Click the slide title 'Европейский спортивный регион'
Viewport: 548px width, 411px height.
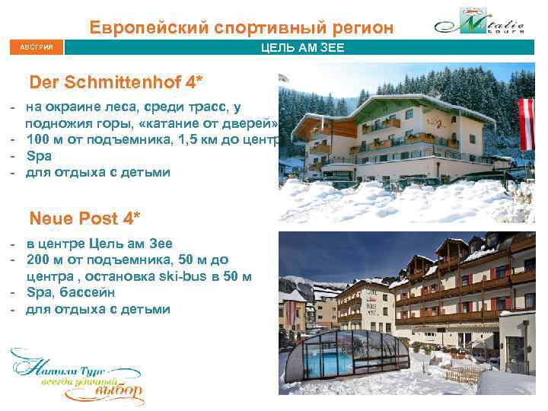241,28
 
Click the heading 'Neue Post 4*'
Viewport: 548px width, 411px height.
84,218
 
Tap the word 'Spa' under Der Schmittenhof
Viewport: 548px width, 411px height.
39,155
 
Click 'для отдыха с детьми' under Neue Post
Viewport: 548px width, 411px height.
98,309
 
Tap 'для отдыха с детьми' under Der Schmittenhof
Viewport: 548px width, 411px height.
98,171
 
